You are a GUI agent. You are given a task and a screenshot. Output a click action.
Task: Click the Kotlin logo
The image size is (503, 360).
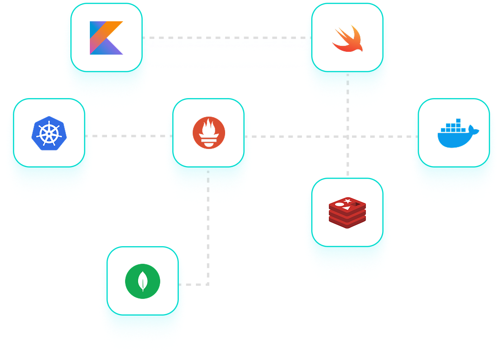pos(107,38)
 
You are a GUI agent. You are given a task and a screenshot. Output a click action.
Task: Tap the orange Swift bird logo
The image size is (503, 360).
pos(347,38)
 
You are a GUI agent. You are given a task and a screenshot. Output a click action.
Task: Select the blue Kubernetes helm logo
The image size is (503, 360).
pos(49,133)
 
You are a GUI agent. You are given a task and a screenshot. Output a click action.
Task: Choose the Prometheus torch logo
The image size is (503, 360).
pos(208,133)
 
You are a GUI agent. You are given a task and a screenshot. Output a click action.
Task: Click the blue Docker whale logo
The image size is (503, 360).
pos(457,134)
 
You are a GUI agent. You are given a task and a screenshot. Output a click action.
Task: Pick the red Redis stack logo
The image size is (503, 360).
pos(347,212)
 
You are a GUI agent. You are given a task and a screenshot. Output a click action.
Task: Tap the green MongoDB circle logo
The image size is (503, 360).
pos(143,281)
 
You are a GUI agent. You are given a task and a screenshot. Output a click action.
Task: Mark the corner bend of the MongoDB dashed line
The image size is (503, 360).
pos(208,284)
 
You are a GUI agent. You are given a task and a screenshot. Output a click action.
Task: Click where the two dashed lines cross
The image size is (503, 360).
pos(348,137)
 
